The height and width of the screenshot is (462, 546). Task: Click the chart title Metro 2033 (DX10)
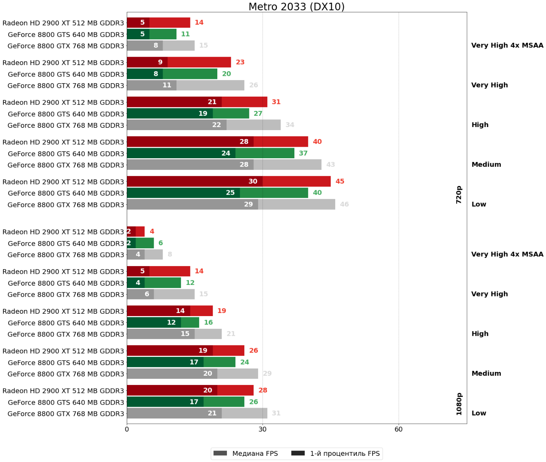[x=296, y=7]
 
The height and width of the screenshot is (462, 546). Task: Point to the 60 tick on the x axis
[x=398, y=429]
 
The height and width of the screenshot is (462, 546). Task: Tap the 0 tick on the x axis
[x=127, y=429]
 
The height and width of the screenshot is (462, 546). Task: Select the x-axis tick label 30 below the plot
[x=262, y=429]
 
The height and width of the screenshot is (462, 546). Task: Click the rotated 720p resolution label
[x=459, y=194]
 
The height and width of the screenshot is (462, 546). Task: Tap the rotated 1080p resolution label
[x=459, y=404]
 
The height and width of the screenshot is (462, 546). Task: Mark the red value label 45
[x=340, y=181]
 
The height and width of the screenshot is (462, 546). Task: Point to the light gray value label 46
[x=344, y=204]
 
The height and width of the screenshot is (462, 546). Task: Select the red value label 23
[x=240, y=62]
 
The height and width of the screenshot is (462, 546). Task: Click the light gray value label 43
[x=331, y=165]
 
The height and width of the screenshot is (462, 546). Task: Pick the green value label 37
[x=303, y=153]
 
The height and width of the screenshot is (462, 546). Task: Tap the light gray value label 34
[x=290, y=125]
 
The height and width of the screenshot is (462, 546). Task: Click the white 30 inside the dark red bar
[x=253, y=181]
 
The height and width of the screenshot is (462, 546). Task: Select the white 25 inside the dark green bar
[x=230, y=193]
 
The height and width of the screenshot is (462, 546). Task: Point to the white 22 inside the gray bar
[x=217, y=125]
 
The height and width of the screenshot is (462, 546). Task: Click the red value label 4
[x=152, y=231]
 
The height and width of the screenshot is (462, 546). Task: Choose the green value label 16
[x=208, y=323]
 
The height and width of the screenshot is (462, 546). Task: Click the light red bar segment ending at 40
[x=281, y=142]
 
